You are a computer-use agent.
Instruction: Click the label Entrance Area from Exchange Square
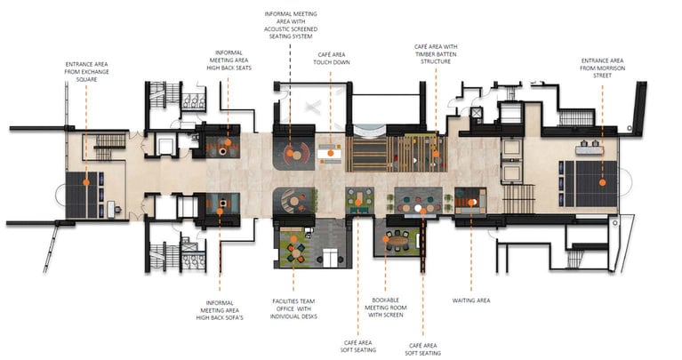[x=86, y=72]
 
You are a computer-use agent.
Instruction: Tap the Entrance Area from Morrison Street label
[x=602, y=68]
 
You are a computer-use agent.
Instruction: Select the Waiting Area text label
[x=471, y=300]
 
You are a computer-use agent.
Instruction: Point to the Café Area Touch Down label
[x=332, y=59]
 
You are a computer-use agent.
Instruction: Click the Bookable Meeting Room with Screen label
[x=386, y=308]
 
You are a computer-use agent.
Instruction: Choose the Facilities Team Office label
[x=293, y=308]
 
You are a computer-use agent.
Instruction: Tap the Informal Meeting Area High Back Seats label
[x=229, y=60]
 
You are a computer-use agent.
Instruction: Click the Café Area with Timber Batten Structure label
[x=436, y=54]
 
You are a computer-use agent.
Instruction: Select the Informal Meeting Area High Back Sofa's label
[x=220, y=310]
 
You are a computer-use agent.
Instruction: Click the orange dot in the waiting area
[x=471, y=202]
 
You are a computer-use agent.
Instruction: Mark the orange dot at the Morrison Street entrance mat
[x=602, y=182]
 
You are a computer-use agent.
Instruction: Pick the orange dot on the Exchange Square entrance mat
[x=86, y=182]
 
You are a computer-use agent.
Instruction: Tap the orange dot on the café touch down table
[x=331, y=153]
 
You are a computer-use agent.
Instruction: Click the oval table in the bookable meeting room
[x=398, y=240]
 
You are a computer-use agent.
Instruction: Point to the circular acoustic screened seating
[x=296, y=154]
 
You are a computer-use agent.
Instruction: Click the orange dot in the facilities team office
[x=293, y=239]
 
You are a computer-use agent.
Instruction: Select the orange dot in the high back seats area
[x=228, y=142]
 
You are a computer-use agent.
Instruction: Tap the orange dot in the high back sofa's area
[x=220, y=212]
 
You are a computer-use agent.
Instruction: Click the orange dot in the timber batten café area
[x=436, y=154]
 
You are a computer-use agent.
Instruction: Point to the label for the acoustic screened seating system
[x=291, y=25]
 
